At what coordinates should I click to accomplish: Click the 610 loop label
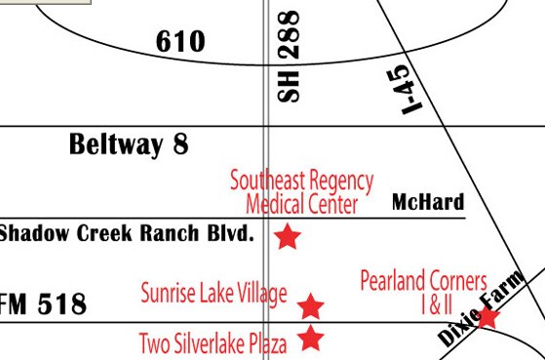(180, 42)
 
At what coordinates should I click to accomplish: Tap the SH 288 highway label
(291, 56)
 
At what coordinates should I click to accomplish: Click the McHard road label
(427, 203)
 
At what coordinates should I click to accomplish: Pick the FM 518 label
(44, 304)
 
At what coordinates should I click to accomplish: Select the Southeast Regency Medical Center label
(301, 192)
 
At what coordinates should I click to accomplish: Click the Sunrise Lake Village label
(214, 293)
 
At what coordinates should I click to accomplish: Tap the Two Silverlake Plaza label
(214, 343)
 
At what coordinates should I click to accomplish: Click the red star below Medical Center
(287, 236)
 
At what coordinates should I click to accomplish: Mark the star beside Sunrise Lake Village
(310, 306)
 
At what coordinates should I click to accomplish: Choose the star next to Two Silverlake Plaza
(310, 339)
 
